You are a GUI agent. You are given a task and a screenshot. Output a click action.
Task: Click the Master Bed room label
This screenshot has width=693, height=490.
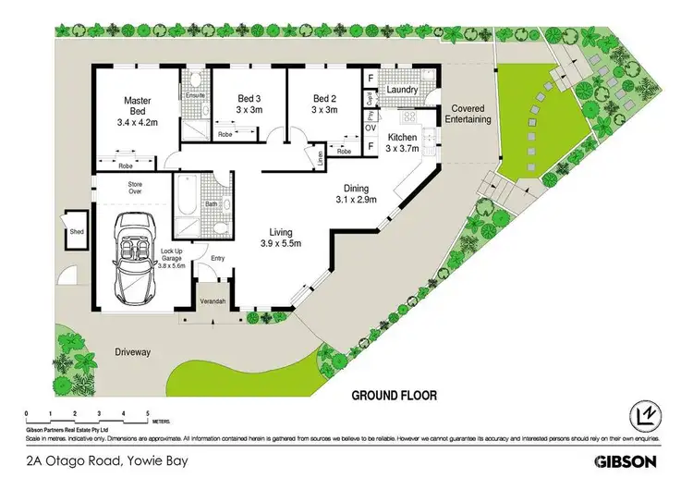point(143,110)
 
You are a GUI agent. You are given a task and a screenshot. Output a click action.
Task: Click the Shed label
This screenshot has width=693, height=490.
point(75,234)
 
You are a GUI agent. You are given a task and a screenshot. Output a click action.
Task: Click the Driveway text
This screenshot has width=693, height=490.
point(132,352)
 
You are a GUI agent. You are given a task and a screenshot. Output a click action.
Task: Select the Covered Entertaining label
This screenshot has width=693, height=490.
point(467,115)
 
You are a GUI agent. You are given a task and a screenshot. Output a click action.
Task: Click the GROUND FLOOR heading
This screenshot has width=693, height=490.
point(394,395)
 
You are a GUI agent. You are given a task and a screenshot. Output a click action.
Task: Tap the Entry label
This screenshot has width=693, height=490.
point(218,258)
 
